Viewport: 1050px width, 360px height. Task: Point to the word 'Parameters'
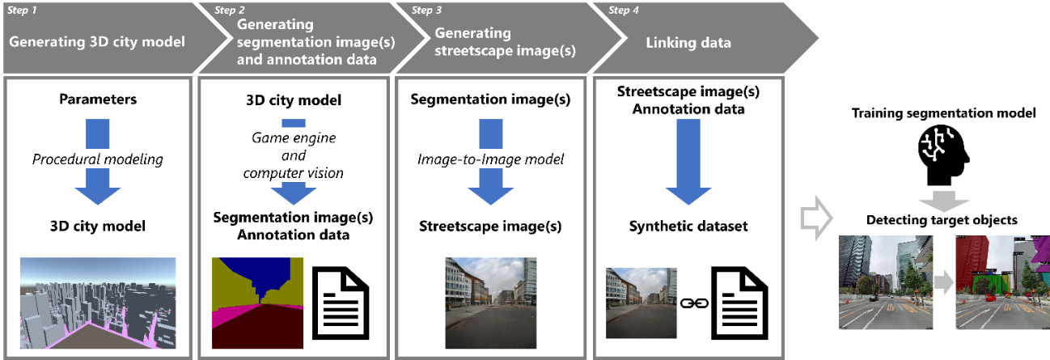[97, 100]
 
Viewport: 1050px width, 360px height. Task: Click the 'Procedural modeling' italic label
[97, 159]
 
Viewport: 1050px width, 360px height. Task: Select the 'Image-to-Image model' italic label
[489, 159]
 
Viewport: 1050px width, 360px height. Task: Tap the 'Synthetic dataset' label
[688, 227]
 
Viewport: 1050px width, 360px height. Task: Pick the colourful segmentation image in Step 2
[256, 303]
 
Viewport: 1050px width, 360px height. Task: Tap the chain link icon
[692, 303]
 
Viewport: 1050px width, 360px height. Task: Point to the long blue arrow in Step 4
[688, 162]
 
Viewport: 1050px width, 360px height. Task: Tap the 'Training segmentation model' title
[943, 113]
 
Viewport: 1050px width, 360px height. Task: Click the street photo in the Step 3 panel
[490, 302]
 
